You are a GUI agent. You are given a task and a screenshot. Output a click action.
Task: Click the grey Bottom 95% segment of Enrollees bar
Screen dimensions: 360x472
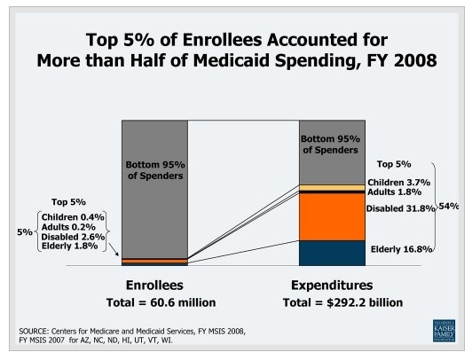pyautogui.click(x=154, y=186)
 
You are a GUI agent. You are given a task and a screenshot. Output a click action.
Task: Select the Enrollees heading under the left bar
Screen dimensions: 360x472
pyautogui.click(x=153, y=286)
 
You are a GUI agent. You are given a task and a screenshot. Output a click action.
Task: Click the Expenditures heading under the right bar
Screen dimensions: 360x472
pyautogui.click(x=333, y=286)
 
